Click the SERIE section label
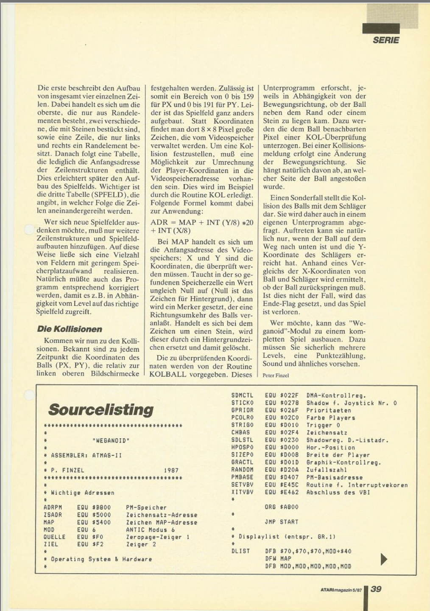385,40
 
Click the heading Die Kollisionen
70,329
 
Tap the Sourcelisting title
101,409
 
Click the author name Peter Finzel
276,375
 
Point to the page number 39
376,589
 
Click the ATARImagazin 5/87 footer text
341,589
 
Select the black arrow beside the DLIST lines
384,559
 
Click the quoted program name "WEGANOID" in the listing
111,440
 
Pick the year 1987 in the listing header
171,470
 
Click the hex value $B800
101,507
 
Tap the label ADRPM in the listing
53,507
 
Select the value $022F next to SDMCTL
289,395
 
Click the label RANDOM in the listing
242,470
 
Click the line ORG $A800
281,507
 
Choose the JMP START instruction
281,522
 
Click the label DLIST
240,551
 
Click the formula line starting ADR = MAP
202,222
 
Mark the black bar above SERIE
381,28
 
